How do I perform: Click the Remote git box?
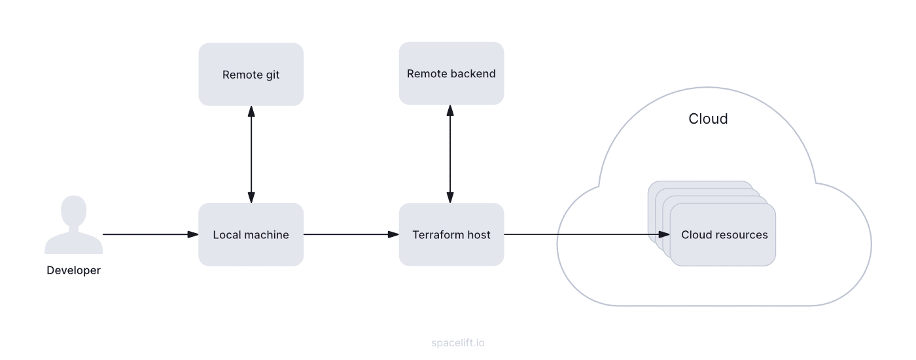tap(251, 75)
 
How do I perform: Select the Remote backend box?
tap(451, 73)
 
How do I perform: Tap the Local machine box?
tap(251, 234)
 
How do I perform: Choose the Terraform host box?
tap(451, 234)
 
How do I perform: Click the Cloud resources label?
tap(724, 235)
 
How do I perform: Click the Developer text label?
tap(73, 270)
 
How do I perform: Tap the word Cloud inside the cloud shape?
tap(708, 118)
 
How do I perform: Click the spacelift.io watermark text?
tap(458, 342)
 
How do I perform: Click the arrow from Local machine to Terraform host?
tap(351, 234)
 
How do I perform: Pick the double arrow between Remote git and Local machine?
tap(251, 154)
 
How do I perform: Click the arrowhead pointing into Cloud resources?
tap(664, 234)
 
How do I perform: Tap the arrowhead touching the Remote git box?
tap(251, 111)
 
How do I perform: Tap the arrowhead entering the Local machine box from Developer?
tap(193, 234)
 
